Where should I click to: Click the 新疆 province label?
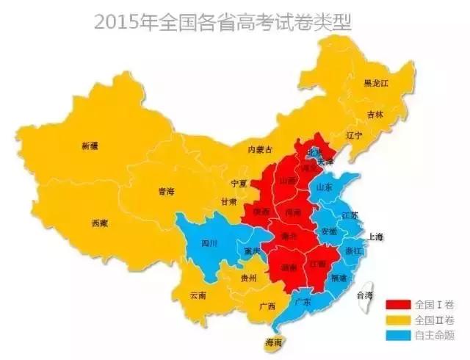click(89, 146)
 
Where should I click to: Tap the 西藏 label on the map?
click(100, 223)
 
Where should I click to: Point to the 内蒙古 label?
click(260, 149)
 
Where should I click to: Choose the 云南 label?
click(198, 295)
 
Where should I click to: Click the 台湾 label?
click(364, 295)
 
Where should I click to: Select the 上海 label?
click(375, 237)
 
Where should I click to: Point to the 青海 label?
click(166, 192)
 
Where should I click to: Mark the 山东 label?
click(324, 187)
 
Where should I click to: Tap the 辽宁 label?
click(355, 136)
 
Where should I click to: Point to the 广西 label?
click(267, 306)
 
